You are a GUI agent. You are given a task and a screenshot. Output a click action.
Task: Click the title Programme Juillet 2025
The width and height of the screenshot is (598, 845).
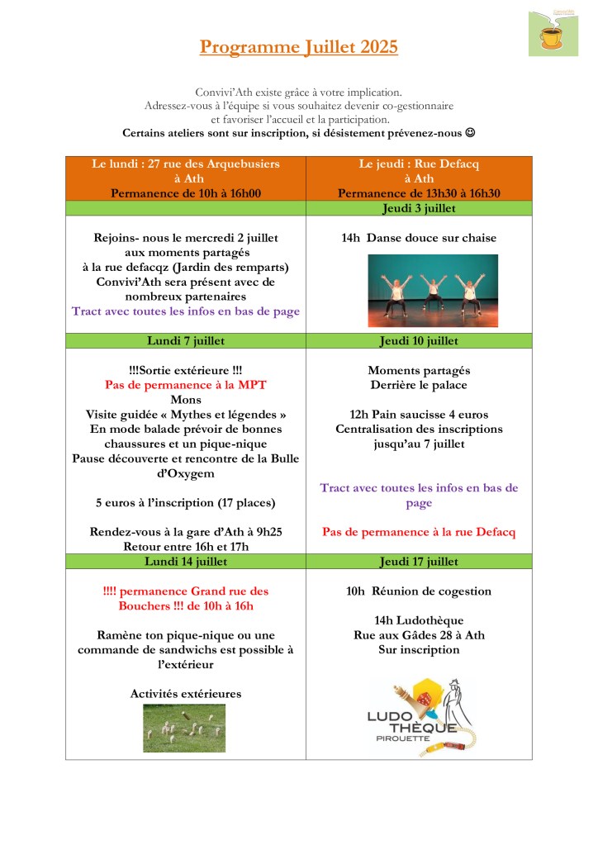click(x=298, y=47)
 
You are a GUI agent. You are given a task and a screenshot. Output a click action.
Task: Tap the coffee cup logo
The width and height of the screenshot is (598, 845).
click(x=548, y=33)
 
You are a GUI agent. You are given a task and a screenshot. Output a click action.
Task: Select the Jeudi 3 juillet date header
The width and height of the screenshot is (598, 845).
click(x=418, y=208)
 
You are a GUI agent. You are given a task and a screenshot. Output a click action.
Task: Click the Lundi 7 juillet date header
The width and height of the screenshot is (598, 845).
click(x=186, y=340)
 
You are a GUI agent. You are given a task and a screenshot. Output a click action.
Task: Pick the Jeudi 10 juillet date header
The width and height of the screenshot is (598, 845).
click(x=418, y=340)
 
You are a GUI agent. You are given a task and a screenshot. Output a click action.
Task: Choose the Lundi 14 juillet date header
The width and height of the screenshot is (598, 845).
click(x=186, y=562)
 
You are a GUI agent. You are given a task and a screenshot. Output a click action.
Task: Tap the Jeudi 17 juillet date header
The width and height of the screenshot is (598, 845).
click(x=418, y=562)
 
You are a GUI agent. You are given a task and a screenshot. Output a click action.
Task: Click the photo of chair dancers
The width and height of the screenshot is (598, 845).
click(x=433, y=290)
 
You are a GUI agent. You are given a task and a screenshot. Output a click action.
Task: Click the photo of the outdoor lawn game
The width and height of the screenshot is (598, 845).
click(x=185, y=728)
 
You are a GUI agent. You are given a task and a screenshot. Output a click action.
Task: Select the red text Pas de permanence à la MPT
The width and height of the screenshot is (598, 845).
click(x=186, y=385)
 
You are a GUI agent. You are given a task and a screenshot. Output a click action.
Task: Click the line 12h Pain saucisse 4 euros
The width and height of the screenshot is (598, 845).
click(x=419, y=415)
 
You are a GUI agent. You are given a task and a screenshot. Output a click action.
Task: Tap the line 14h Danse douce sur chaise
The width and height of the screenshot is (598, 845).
click(x=419, y=238)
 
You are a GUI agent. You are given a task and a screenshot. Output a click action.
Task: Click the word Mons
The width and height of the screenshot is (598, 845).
click(x=186, y=400)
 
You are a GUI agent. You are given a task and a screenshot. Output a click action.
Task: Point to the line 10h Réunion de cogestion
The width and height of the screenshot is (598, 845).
click(x=419, y=591)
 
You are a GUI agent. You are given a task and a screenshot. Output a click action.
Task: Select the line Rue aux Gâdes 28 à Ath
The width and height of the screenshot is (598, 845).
click(x=419, y=635)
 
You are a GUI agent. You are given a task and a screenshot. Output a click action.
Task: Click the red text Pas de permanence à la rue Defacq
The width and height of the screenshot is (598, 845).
click(x=419, y=532)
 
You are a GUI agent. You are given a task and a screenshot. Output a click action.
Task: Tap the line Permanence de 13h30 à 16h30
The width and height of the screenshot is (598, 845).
click(x=419, y=193)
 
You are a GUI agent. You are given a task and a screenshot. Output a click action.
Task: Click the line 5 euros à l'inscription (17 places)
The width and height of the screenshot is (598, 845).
click(x=186, y=502)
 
